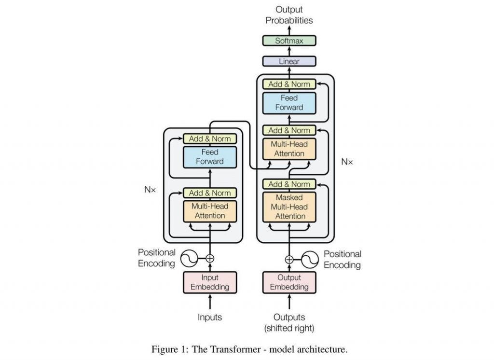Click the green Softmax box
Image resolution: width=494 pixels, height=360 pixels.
pos(289,41)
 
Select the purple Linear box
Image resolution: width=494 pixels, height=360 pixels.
pos(289,61)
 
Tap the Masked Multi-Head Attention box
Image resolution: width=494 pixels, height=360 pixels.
pos(289,207)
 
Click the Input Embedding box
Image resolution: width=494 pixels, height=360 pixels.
pos(210,282)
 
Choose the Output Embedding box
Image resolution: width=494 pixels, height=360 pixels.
pos(289,282)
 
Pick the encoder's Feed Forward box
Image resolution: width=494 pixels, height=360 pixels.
pos(210,157)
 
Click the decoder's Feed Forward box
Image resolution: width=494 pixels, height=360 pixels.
pos(289,103)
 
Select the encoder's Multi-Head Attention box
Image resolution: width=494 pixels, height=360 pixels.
pos(210,211)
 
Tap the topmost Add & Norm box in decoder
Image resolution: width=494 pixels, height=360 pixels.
pos(289,84)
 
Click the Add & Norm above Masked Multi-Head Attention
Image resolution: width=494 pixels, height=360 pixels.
pos(289,184)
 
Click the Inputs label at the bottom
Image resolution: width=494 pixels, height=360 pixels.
pos(210,317)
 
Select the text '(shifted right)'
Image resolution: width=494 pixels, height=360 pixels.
pos(289,328)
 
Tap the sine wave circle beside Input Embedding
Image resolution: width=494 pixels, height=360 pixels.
pos(189,259)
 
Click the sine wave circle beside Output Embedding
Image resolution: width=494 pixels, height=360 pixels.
pos(310,259)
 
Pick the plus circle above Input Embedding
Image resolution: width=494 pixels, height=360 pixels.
pos(210,259)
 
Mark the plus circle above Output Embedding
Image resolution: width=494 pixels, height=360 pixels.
pos(289,259)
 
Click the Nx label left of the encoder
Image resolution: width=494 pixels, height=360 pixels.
pos(150,190)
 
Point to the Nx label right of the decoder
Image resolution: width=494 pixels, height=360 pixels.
pos(347,162)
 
